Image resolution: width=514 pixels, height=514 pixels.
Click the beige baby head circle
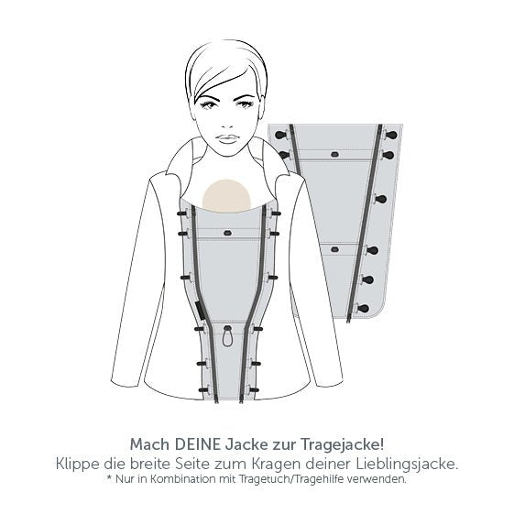click(x=226, y=194)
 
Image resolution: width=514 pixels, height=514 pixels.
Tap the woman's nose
click(x=227, y=122)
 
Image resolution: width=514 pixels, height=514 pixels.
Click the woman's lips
click(x=227, y=139)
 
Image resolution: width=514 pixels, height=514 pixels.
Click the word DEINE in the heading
click(x=198, y=444)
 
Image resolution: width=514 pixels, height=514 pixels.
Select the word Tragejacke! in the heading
click(x=342, y=445)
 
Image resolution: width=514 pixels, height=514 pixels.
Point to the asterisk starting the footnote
click(x=109, y=478)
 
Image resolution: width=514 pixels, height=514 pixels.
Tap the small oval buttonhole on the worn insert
click(x=227, y=233)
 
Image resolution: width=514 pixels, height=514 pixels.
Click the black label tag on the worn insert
click(x=201, y=311)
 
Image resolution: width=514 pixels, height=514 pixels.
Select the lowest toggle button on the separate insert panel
click(x=362, y=308)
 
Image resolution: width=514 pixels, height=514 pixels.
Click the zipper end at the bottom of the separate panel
click(x=348, y=319)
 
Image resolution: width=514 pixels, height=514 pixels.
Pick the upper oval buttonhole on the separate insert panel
click(x=334, y=154)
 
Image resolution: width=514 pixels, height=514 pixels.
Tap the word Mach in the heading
click(x=151, y=445)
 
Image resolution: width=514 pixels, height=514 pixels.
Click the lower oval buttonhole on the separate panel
click(x=334, y=250)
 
